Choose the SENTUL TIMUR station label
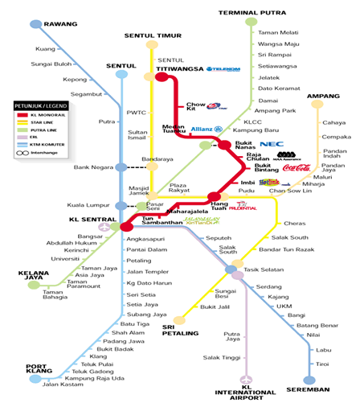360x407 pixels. point(151,36)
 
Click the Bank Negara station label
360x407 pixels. point(90,167)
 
